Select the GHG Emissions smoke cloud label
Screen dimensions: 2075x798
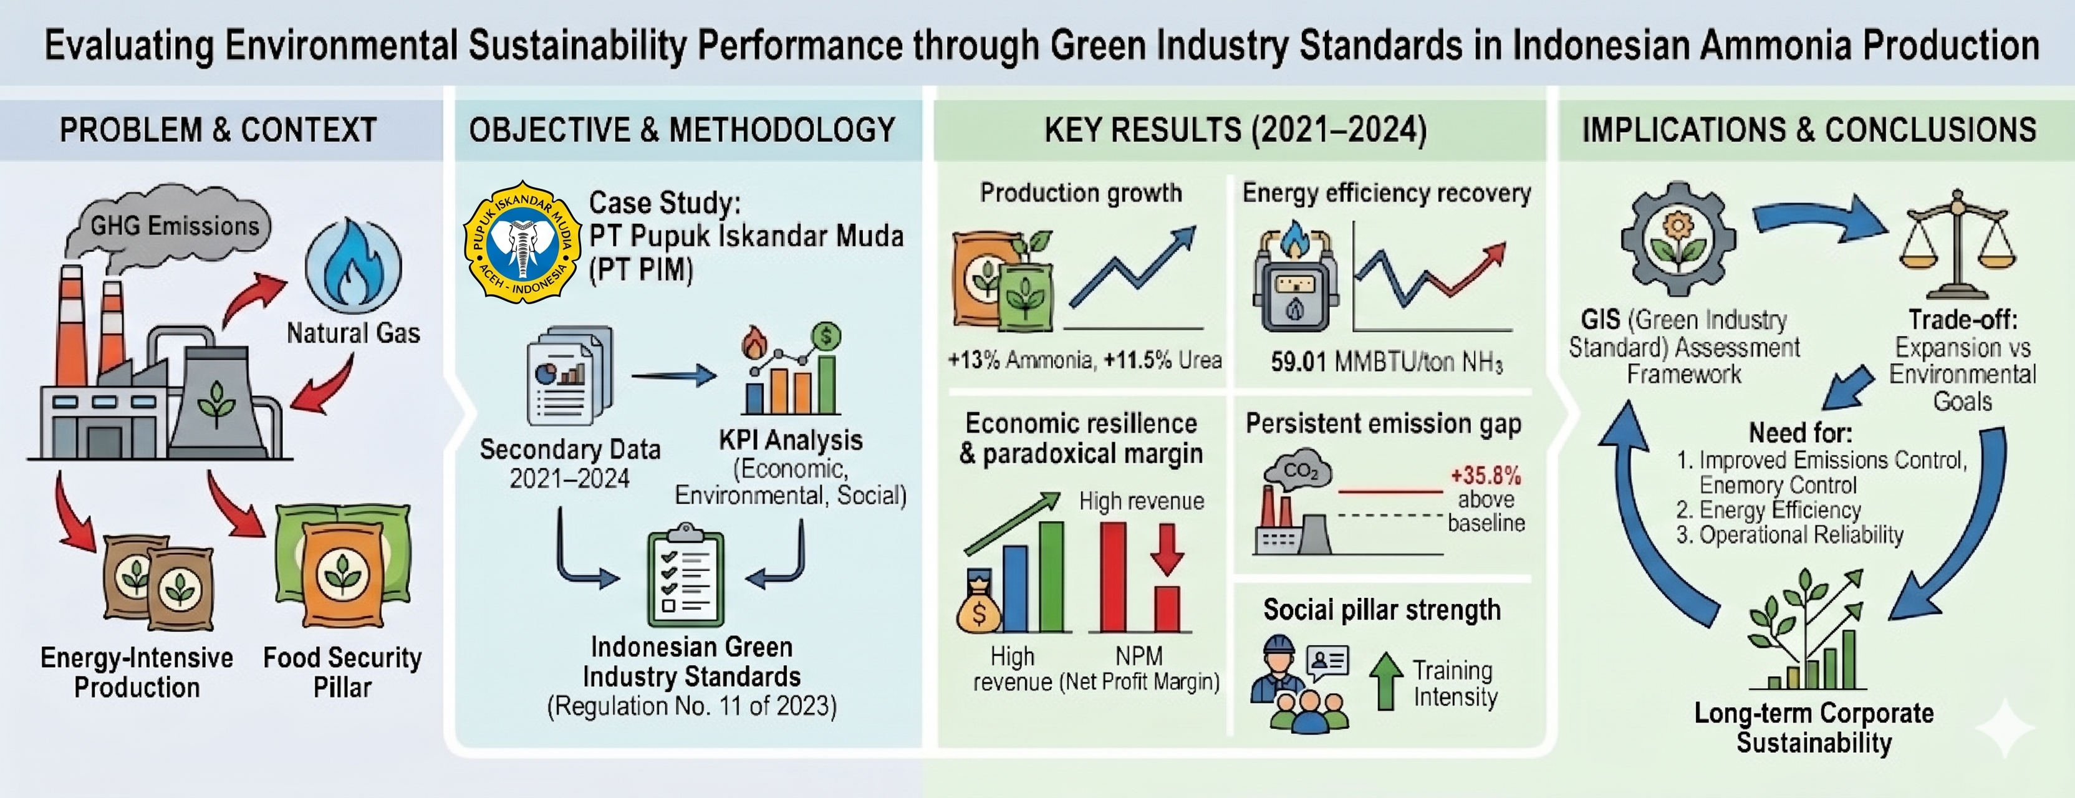(x=174, y=226)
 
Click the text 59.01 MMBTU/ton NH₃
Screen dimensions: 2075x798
(x=1386, y=362)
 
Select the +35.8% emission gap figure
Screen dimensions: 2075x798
(x=1486, y=475)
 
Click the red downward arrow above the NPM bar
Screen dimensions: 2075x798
(x=1167, y=549)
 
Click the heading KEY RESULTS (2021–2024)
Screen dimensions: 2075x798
(x=1236, y=130)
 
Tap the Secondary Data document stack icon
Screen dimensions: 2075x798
(x=569, y=375)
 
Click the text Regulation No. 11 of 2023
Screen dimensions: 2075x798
(x=692, y=706)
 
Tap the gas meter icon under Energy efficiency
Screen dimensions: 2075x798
(x=1295, y=279)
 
